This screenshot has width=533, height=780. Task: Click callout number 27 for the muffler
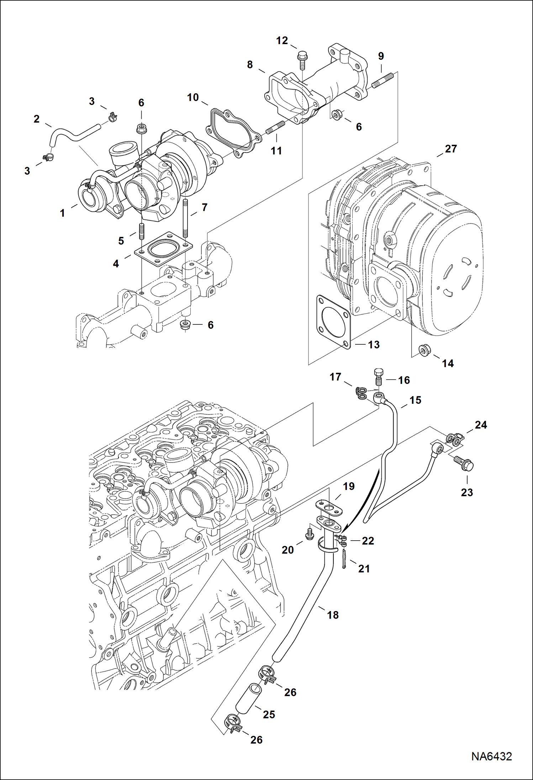(450, 149)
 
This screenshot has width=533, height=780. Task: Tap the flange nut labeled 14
(423, 349)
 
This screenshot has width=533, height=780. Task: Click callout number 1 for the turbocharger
(63, 213)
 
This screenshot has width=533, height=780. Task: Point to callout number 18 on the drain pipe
(333, 615)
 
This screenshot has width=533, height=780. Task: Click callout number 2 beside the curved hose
(36, 119)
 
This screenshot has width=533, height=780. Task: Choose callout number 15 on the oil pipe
(415, 400)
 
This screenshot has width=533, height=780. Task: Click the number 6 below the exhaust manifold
(210, 325)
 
